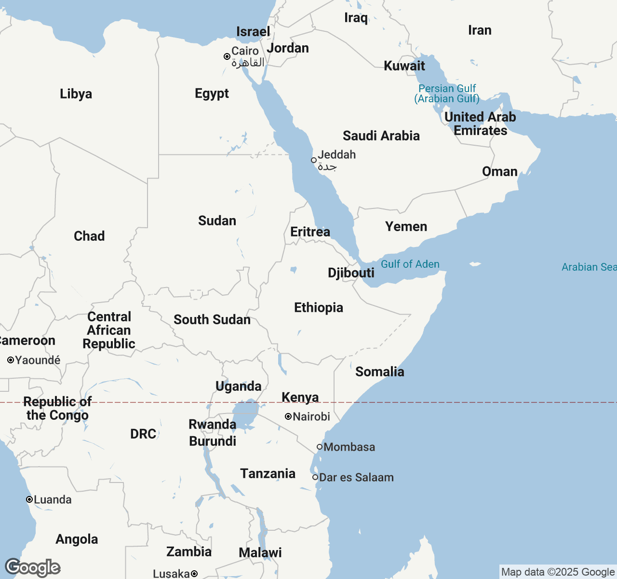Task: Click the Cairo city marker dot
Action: coord(227,56)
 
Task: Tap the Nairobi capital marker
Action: coord(288,416)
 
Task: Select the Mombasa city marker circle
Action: coord(319,447)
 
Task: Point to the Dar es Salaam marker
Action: coord(315,477)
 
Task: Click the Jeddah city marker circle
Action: coord(314,160)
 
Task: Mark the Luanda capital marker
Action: coord(29,499)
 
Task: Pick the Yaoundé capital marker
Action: coord(11,360)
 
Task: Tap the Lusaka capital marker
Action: coord(194,574)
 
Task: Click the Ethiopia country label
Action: coord(319,307)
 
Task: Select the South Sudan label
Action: coord(212,319)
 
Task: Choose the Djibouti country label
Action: coord(351,273)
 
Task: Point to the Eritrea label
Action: coord(310,232)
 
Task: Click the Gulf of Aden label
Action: coord(410,264)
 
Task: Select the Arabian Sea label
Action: coord(589,267)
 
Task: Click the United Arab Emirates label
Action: coord(480,124)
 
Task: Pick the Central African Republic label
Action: coord(109,330)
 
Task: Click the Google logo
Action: coord(33,567)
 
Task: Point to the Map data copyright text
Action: coord(558,572)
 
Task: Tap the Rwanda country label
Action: coord(212,424)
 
